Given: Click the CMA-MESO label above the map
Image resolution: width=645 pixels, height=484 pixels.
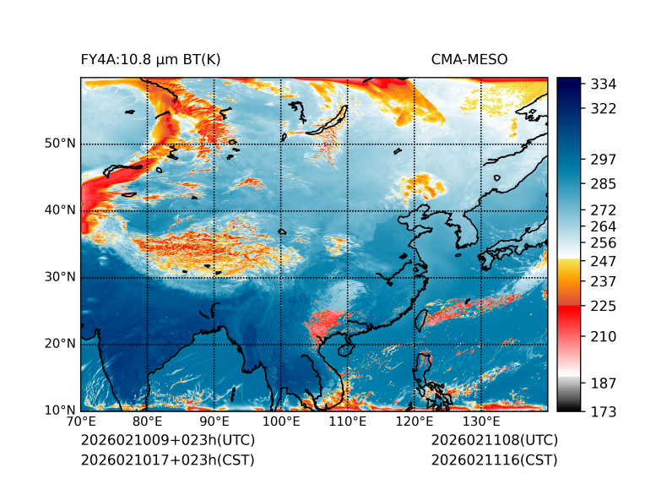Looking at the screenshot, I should click(x=469, y=59).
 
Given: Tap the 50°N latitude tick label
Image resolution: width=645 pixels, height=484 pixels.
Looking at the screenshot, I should click(x=60, y=144).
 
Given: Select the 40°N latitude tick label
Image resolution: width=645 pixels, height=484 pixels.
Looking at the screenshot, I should click(x=60, y=210).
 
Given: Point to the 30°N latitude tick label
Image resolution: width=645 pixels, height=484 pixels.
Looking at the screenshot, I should click(x=60, y=277).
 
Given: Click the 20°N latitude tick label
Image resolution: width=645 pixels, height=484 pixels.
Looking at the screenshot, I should click(x=60, y=344).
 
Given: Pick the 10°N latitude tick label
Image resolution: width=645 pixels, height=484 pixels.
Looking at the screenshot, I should click(x=60, y=411).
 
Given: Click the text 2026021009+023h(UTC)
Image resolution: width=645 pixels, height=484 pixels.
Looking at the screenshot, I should click(x=167, y=441).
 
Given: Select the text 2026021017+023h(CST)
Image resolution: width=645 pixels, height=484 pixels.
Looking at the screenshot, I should click(x=167, y=460).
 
